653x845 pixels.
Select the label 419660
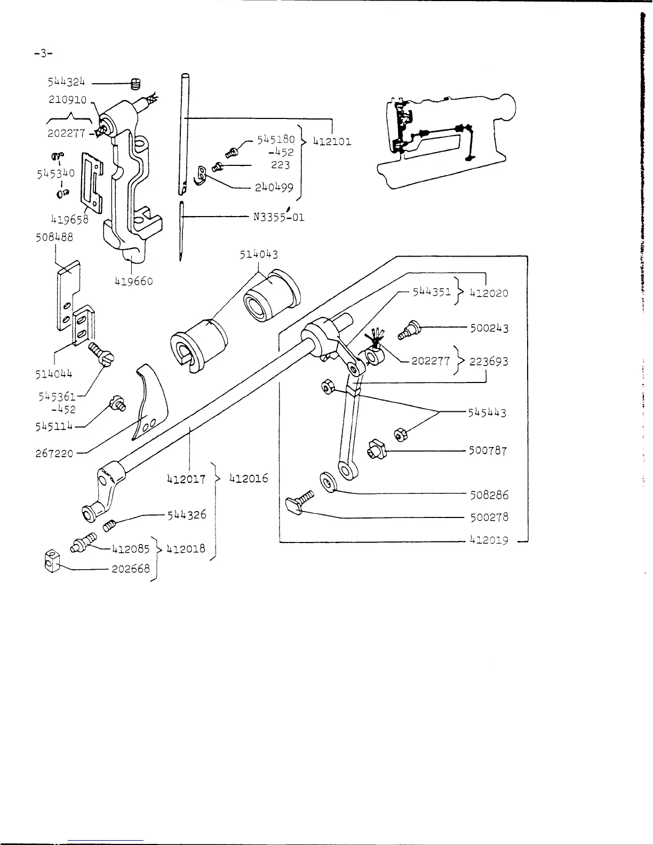click(134, 281)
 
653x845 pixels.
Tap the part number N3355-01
click(278, 217)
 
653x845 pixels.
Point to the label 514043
click(259, 255)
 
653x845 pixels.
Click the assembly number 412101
click(332, 142)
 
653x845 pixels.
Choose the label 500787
click(488, 451)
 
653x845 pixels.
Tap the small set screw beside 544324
click(136, 83)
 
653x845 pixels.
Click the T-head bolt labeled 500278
click(299, 504)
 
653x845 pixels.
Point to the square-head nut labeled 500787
click(378, 451)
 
